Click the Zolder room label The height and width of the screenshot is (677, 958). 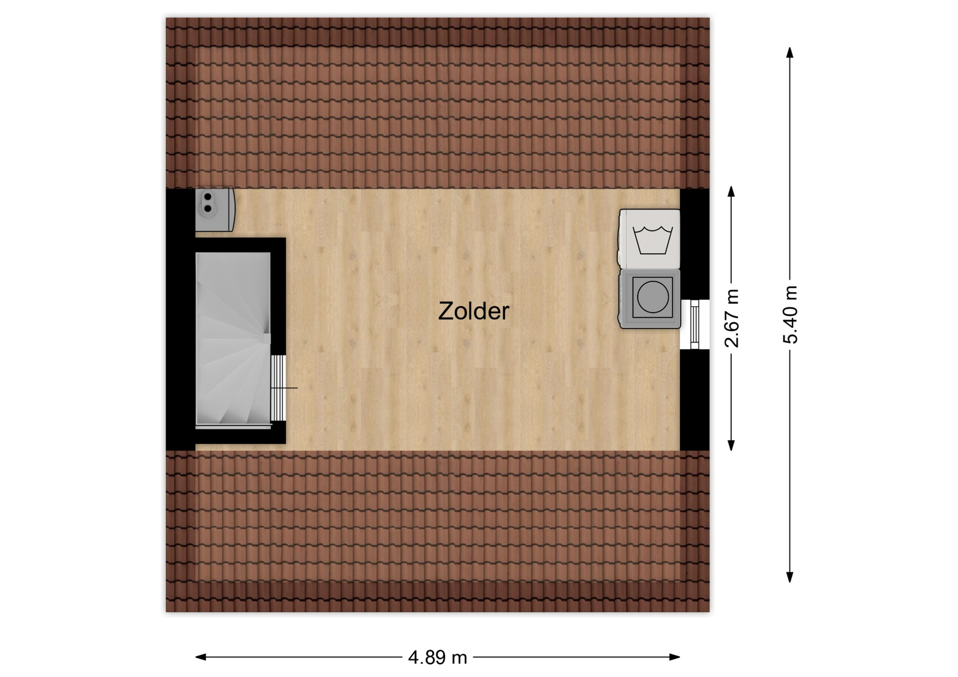point(474,311)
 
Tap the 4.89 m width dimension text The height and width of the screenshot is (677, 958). point(437,658)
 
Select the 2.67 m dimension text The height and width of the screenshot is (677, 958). point(731,318)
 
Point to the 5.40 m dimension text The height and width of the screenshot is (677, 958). point(790,315)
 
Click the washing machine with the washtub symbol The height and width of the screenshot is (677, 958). point(650,239)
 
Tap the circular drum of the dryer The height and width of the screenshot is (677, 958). point(653,297)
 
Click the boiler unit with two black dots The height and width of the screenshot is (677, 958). point(215,210)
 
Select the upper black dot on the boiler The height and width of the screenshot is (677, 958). point(208,197)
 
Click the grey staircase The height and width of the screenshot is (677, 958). point(233,339)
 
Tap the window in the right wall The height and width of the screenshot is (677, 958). point(695,324)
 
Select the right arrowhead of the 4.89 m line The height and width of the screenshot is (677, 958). point(675,657)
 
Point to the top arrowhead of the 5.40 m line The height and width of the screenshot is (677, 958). point(789,53)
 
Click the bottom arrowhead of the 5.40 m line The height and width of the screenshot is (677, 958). point(789,577)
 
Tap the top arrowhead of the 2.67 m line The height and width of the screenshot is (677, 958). point(731,192)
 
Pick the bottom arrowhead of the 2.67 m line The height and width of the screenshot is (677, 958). point(731,445)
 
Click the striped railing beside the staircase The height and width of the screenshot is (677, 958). point(278,388)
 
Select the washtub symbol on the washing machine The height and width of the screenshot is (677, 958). point(653,240)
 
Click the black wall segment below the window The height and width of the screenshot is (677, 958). point(695,400)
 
